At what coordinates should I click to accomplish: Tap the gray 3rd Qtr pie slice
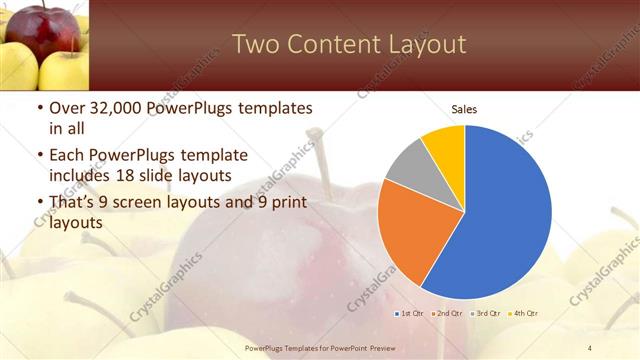[408, 166]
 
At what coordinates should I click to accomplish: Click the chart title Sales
[464, 109]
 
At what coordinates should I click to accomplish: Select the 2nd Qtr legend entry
[450, 313]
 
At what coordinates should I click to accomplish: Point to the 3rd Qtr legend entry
[488, 313]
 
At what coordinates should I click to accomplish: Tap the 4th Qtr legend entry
[526, 313]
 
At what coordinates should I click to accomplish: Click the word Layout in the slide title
[421, 45]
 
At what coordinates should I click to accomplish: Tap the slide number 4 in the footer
[590, 347]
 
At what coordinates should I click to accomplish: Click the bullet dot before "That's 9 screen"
[38, 204]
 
